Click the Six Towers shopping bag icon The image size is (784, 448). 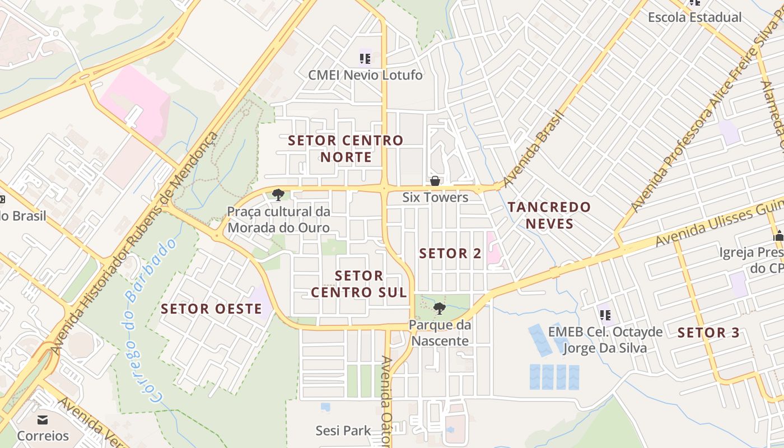[435, 181]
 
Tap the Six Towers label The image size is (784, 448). [435, 197]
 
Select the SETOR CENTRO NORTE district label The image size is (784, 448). [346, 148]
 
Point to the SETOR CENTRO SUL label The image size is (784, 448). [359, 284]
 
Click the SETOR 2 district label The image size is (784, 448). [450, 253]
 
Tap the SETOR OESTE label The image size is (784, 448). [211, 309]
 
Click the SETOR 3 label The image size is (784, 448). [708, 333]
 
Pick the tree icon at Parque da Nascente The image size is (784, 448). [440, 308]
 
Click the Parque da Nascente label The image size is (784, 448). [439, 333]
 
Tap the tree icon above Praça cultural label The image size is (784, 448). [278, 195]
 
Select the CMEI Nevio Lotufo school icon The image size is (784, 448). [365, 58]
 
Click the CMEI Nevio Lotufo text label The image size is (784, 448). [365, 74]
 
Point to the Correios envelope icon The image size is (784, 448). [43, 419]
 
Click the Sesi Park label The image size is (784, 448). [343, 431]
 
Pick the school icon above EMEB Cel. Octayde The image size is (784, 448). [605, 315]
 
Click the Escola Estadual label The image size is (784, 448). [694, 17]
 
